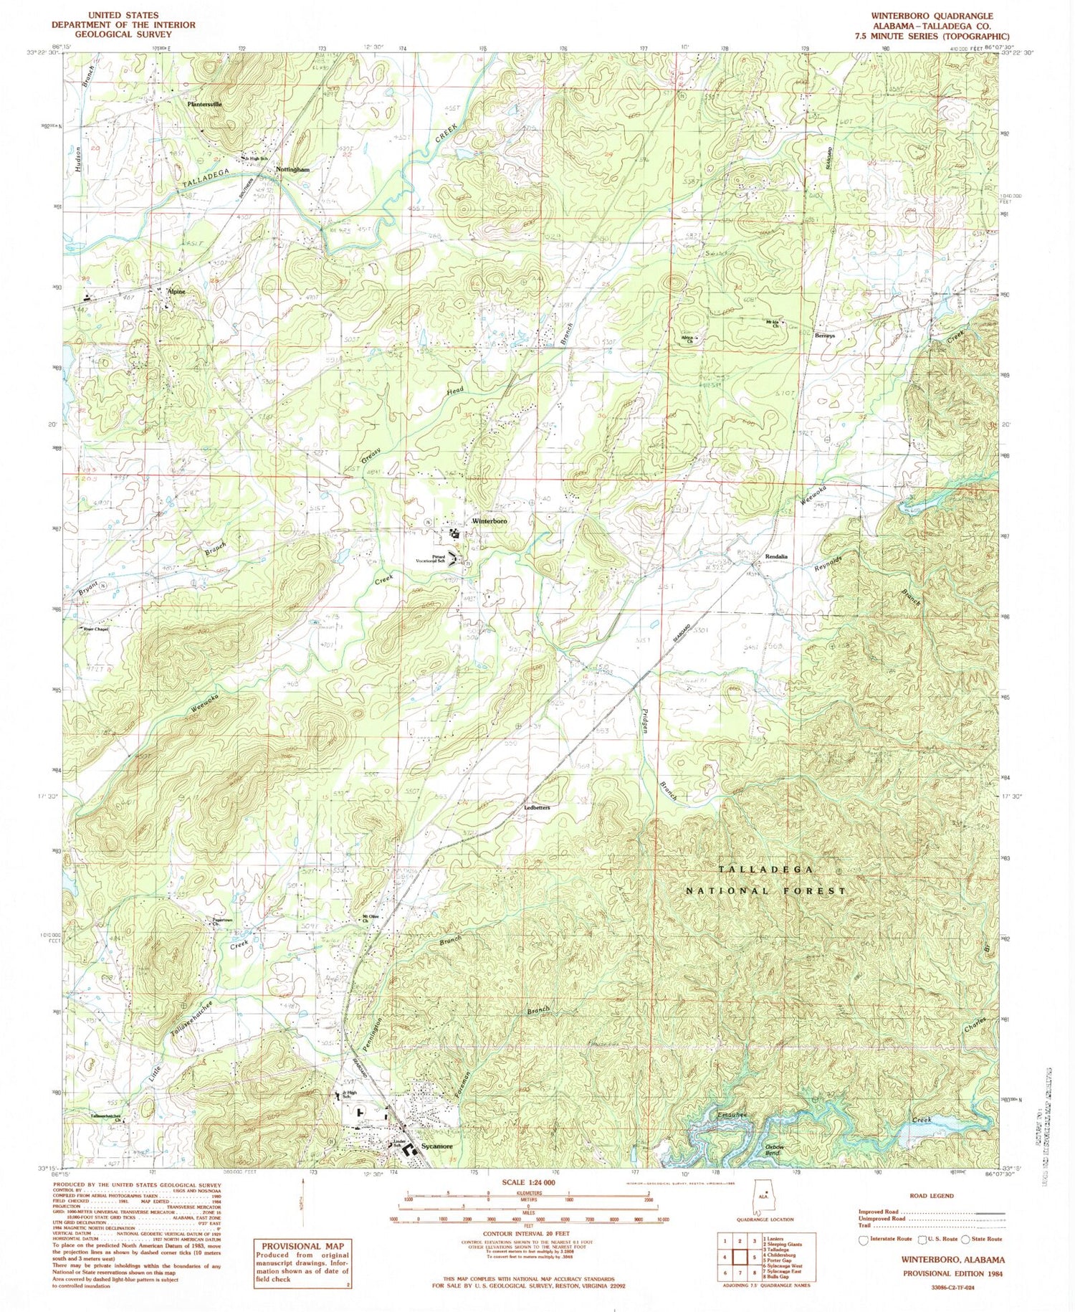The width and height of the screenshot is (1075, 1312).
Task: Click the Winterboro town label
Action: click(x=489, y=521)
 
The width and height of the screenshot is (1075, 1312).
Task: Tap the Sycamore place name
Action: click(x=436, y=1146)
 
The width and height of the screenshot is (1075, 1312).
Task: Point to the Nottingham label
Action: click(x=292, y=170)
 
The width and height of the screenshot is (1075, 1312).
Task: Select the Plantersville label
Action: click(x=204, y=104)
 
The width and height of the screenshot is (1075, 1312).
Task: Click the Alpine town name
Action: click(x=176, y=292)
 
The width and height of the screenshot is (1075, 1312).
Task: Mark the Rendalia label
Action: click(x=776, y=556)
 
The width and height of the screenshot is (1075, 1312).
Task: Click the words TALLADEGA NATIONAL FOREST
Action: click(x=766, y=880)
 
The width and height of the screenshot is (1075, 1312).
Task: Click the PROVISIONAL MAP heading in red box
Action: click(x=302, y=1247)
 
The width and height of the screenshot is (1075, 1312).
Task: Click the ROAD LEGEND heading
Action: click(x=931, y=1196)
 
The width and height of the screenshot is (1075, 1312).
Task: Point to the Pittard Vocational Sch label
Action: click(x=439, y=559)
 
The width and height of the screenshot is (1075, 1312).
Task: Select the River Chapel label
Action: click(x=95, y=629)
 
